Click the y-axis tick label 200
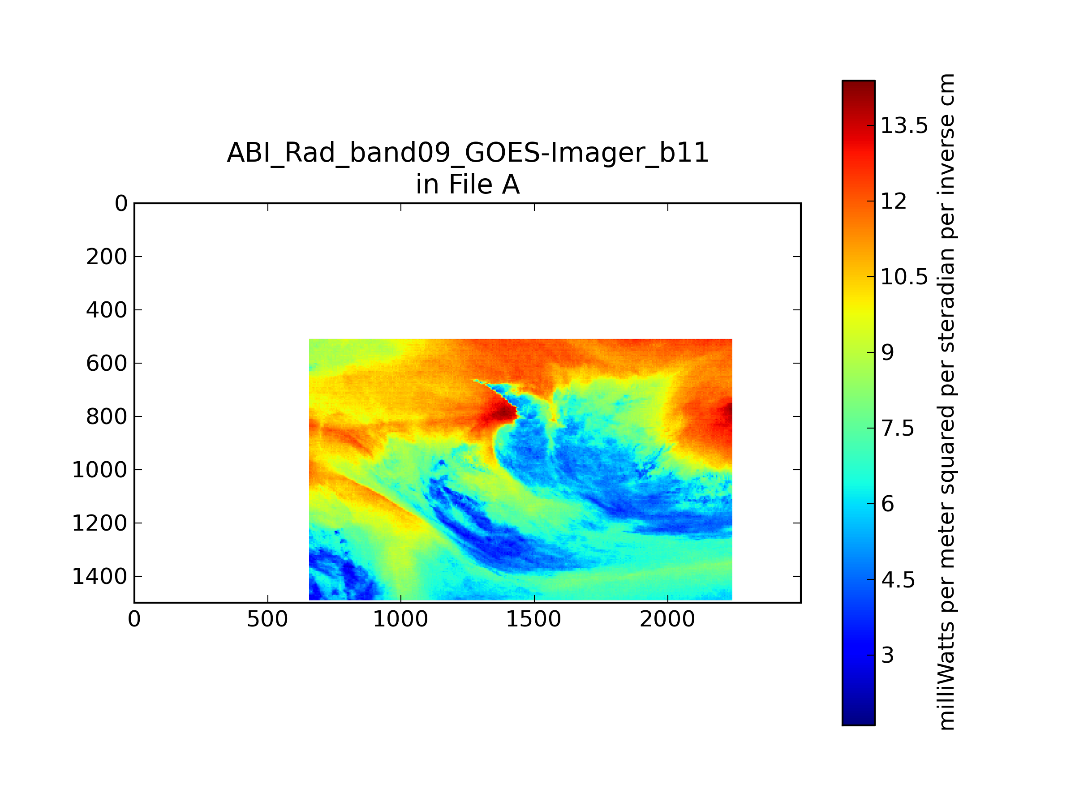[x=107, y=257]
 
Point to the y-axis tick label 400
[x=107, y=310]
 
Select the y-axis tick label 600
[x=107, y=364]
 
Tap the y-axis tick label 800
[x=107, y=417]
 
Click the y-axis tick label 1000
[x=99, y=470]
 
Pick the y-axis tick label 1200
[x=99, y=523]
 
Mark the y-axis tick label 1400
[x=99, y=577]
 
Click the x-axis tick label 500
[x=267, y=619]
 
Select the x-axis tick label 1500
[x=533, y=619]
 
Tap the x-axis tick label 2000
[x=667, y=619]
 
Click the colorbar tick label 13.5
[x=904, y=126]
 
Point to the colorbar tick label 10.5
[x=904, y=277]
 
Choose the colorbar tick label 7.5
[x=898, y=429]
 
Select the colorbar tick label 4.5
[x=898, y=580]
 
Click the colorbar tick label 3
[x=887, y=656]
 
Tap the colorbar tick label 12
[x=894, y=201]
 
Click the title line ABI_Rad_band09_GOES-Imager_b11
[x=468, y=153]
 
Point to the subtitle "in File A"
[x=468, y=184]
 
